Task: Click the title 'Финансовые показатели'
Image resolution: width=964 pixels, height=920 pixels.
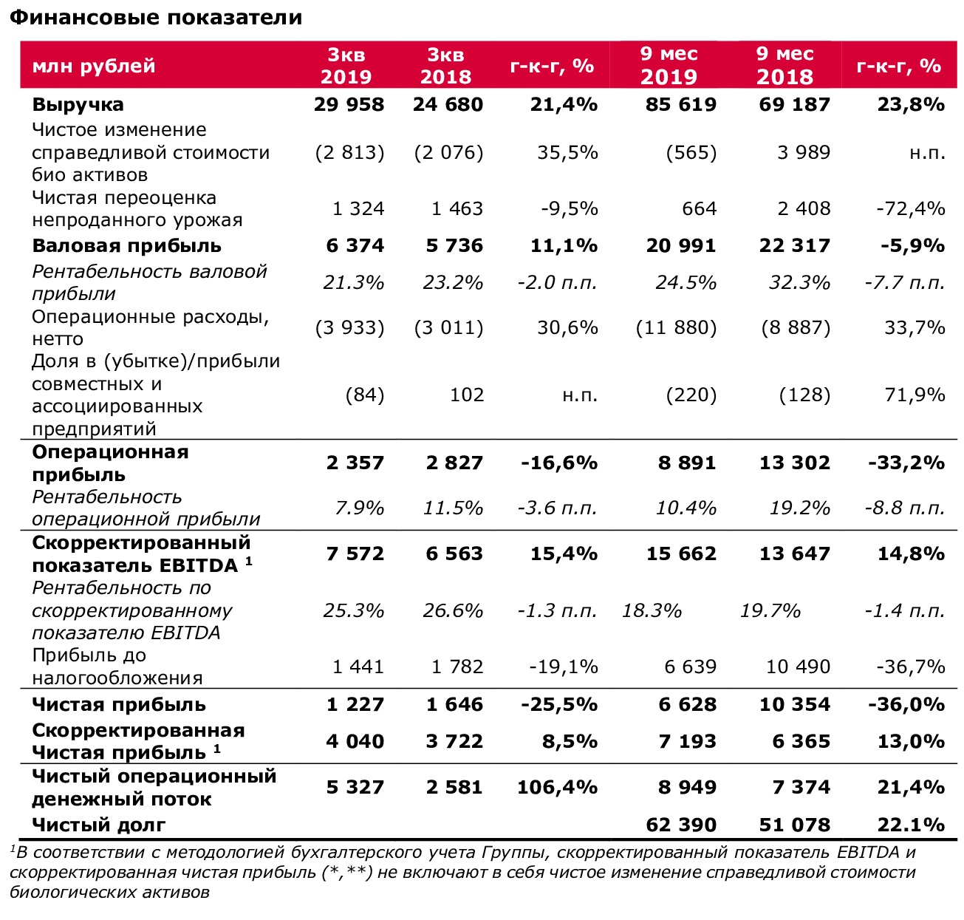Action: point(156,18)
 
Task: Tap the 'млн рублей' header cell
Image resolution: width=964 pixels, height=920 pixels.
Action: point(94,66)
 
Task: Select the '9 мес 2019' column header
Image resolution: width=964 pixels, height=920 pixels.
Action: point(669,65)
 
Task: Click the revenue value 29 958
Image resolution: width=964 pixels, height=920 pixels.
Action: point(349,104)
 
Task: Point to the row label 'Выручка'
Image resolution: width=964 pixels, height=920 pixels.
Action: point(78,105)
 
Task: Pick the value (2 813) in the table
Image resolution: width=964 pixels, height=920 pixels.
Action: point(349,153)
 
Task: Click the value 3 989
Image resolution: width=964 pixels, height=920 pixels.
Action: point(804,153)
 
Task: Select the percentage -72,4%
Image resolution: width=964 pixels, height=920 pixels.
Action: point(911,208)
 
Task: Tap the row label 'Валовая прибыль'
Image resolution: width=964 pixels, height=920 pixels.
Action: point(126,246)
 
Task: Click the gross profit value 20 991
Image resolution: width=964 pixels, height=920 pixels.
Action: point(681,245)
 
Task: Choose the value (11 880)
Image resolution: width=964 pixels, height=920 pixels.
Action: point(676,327)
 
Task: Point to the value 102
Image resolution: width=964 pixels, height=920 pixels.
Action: point(467,395)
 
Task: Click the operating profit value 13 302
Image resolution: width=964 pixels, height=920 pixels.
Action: point(795,462)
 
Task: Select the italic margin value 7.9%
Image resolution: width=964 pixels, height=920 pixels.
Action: point(360,508)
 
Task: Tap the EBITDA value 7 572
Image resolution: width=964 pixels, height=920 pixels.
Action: point(355,553)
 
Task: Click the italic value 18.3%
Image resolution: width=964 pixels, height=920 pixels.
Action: point(652,611)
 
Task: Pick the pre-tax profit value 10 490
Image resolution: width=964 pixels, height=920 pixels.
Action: point(799,667)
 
